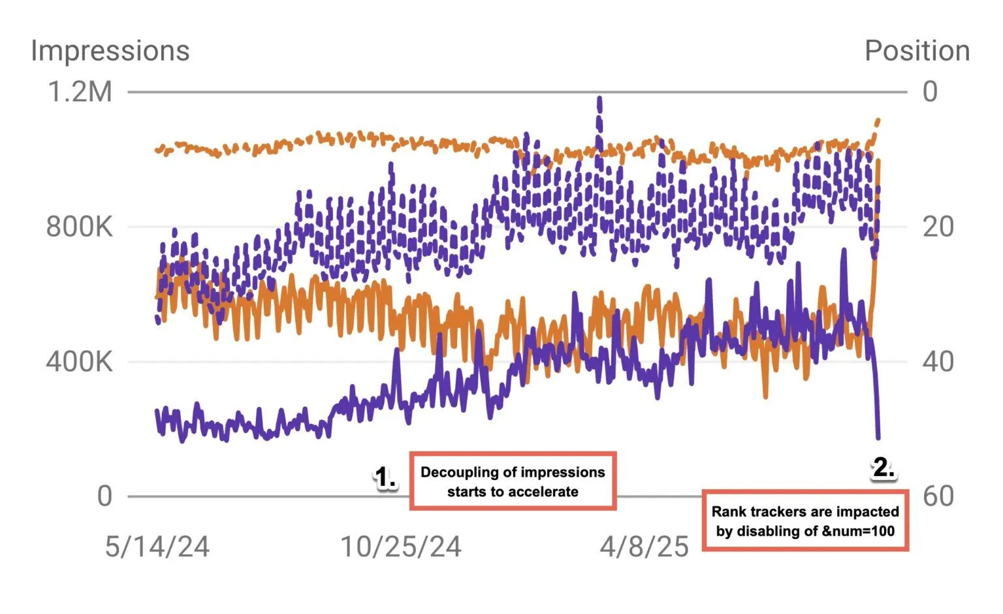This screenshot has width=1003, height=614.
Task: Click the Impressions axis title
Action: click(110, 51)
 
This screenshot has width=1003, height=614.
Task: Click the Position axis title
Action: click(917, 51)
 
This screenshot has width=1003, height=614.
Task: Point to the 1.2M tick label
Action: click(80, 92)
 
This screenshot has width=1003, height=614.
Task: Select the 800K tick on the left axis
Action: click(79, 227)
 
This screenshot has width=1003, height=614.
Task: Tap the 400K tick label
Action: click(79, 361)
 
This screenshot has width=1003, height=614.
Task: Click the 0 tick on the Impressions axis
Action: click(104, 496)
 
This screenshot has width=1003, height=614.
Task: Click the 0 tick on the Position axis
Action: click(930, 92)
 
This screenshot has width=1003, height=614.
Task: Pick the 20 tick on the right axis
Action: click(938, 227)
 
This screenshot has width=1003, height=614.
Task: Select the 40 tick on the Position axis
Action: click(938, 361)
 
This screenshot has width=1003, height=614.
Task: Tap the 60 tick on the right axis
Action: click(938, 496)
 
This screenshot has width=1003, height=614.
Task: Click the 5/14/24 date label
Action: click(157, 547)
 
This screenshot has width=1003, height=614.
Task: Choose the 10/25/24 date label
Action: click(401, 547)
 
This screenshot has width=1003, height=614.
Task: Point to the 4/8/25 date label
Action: click(644, 547)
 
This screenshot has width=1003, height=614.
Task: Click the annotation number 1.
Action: click(385, 477)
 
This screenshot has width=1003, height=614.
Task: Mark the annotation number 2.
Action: click(884, 468)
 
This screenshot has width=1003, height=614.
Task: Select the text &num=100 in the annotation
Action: click(857, 531)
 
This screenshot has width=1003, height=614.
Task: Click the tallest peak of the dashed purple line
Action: click(599, 99)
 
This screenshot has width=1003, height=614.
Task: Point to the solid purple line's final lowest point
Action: click(878, 438)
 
